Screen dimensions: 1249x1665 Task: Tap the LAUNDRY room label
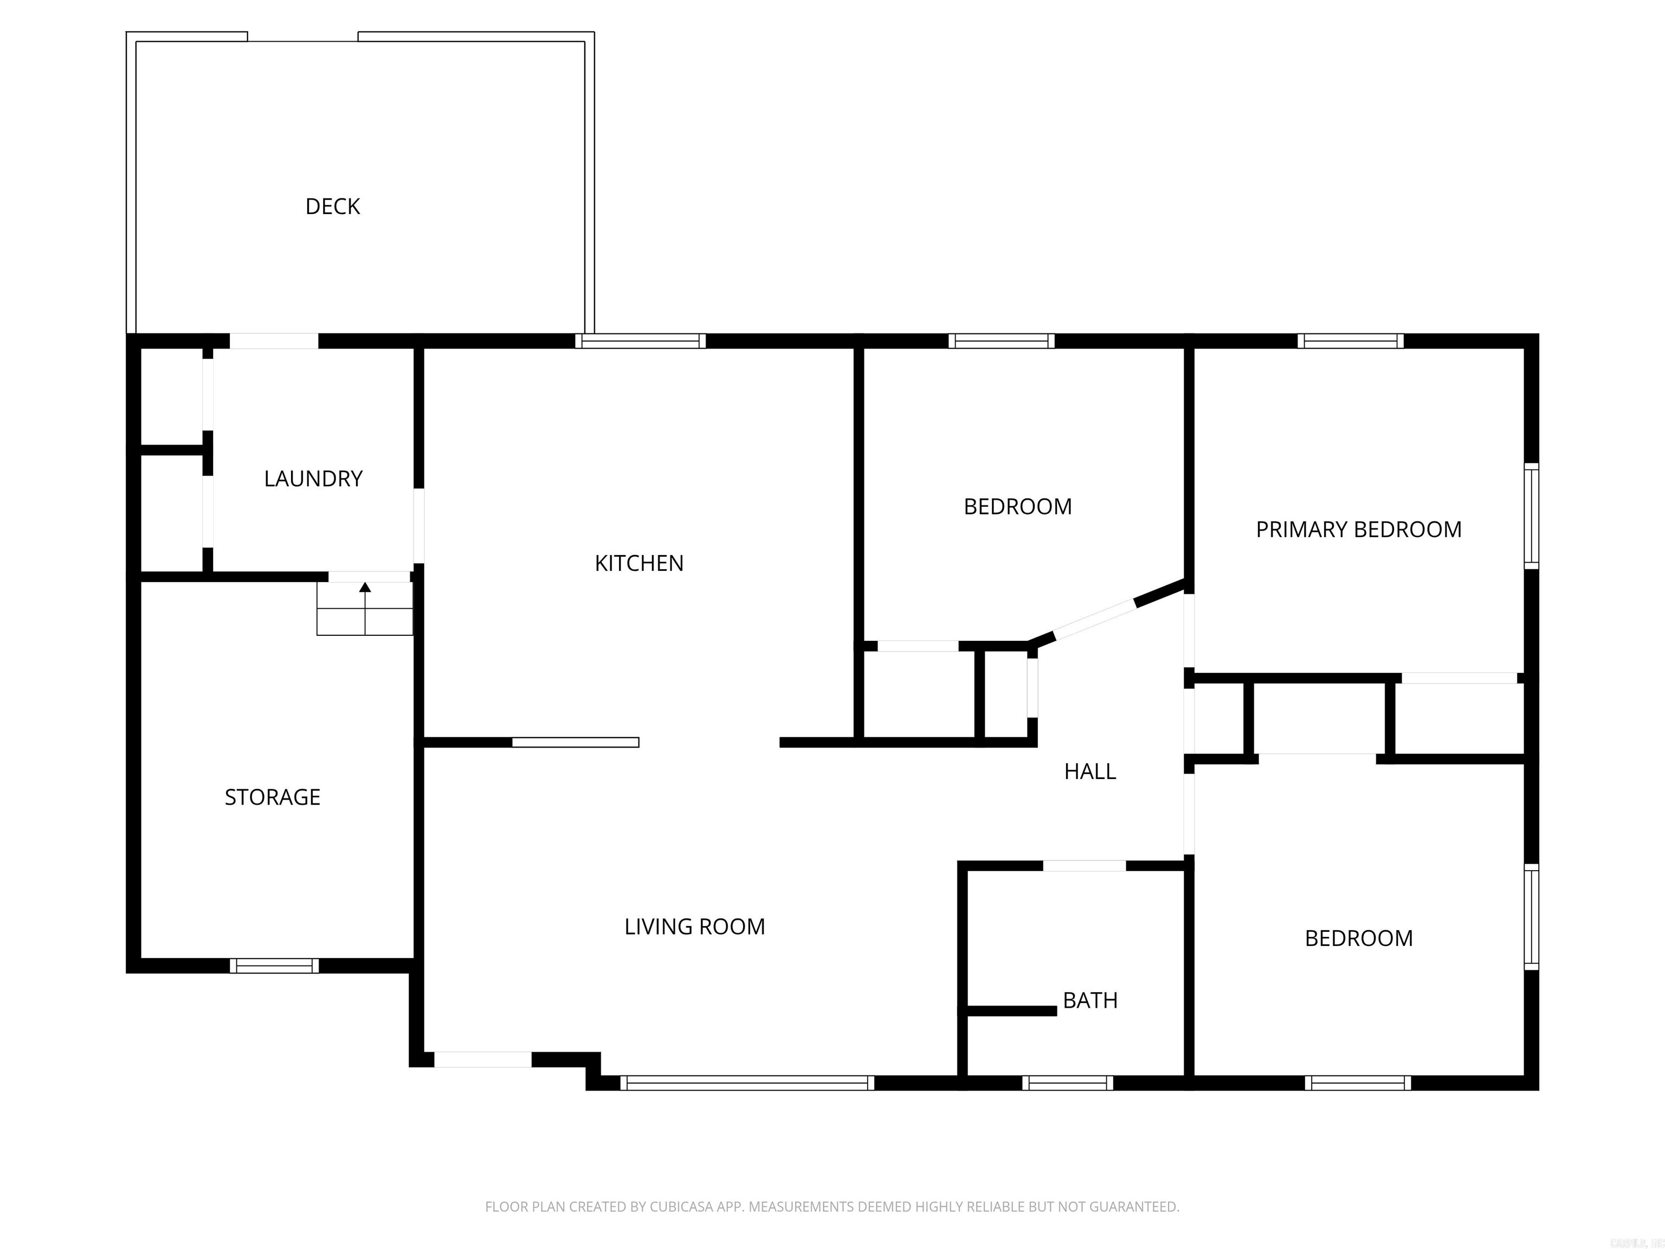click(x=313, y=479)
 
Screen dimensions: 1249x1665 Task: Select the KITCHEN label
click(x=639, y=563)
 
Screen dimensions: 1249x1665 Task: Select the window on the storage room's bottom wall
click(x=274, y=966)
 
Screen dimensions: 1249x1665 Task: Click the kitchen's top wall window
click(x=641, y=341)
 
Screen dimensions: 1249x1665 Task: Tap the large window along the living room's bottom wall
click(x=747, y=1083)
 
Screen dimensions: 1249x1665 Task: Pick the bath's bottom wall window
click(x=1067, y=1083)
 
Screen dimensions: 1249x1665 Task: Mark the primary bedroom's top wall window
click(x=1350, y=341)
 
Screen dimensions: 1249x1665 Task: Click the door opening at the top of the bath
click(x=1084, y=866)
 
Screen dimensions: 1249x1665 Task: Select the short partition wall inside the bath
click(x=1011, y=1011)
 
